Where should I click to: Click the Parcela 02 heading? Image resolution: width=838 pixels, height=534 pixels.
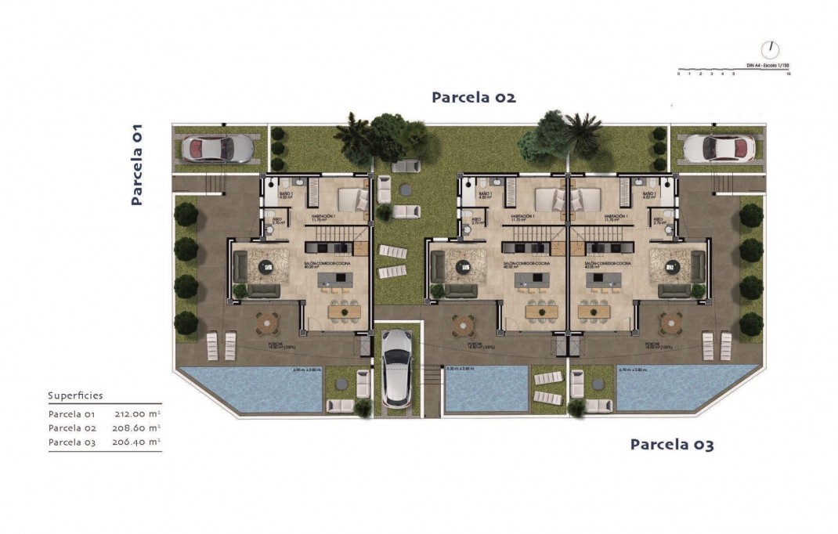474,98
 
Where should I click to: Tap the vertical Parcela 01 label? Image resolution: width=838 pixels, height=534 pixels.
137,164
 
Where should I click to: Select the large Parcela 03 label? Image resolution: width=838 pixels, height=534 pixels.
672,446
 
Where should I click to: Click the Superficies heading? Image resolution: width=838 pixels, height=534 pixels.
75,396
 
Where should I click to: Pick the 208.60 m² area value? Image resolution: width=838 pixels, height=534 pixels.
139,428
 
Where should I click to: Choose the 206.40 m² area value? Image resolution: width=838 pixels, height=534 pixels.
139,442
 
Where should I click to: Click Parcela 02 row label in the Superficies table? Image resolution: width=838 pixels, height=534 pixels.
71,428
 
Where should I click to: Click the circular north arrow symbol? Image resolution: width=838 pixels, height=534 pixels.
771,49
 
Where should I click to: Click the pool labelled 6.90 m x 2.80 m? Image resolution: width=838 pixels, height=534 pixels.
251,390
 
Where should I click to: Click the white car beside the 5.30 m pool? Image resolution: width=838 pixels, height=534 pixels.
398,367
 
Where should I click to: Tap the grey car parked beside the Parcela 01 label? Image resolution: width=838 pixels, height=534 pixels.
217,148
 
